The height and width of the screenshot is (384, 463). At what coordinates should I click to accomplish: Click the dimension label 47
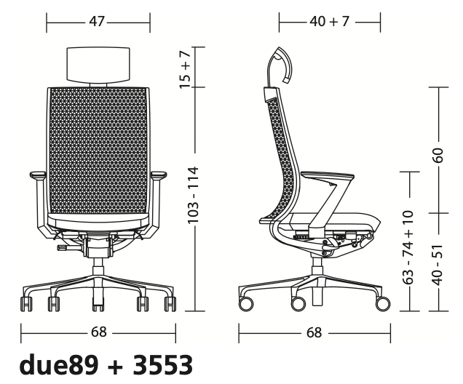tap(97, 21)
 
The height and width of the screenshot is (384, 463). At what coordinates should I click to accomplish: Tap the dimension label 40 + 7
tap(330, 21)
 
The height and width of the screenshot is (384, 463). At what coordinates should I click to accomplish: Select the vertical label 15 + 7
tap(186, 69)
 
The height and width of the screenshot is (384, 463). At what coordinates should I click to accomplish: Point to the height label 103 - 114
tap(194, 195)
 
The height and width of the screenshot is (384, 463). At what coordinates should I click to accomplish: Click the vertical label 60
tap(438, 155)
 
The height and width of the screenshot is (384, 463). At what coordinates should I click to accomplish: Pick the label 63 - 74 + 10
tap(409, 247)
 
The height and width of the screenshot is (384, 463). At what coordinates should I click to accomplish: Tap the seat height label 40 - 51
tap(438, 265)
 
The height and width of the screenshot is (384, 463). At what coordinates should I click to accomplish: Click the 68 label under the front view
tap(98, 332)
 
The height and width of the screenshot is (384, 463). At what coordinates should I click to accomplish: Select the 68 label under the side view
tap(314, 332)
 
